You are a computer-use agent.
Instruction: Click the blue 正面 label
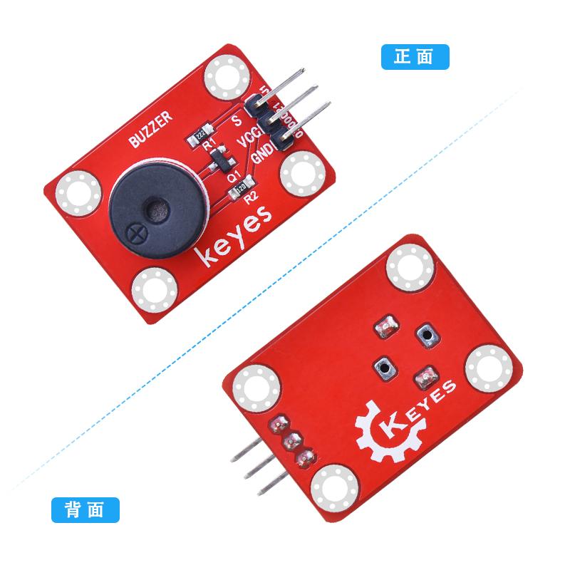(x=415, y=57)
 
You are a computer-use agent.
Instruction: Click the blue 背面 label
(x=85, y=510)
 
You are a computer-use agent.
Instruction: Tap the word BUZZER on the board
(x=150, y=131)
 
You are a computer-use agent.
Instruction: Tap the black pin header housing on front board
(x=271, y=123)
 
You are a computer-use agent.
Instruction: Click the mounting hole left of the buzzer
(x=78, y=193)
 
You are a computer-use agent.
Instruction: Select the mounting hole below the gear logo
(x=336, y=489)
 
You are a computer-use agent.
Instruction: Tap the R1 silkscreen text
(x=209, y=146)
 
